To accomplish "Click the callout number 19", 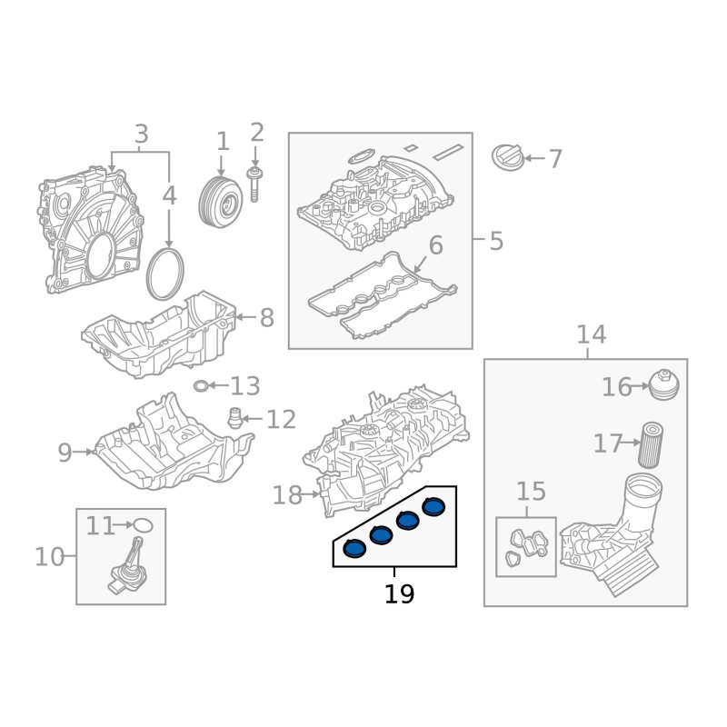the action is click(399, 594).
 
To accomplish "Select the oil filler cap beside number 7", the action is click(508, 156).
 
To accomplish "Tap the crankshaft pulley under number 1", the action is click(221, 202).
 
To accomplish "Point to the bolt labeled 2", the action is click(254, 185).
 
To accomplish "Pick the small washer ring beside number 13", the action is click(201, 385).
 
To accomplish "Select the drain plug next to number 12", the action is click(235, 418).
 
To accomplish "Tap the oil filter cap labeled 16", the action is click(664, 384).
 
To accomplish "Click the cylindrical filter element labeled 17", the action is click(651, 444).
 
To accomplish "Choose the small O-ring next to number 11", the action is click(143, 525).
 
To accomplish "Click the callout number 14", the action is click(592, 334).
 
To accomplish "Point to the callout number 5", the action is click(496, 242).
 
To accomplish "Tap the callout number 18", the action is click(287, 495).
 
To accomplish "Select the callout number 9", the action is click(65, 453).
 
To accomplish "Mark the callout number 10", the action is click(50, 557).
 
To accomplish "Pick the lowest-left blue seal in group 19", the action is click(354, 549).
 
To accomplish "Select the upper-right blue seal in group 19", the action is click(433, 507).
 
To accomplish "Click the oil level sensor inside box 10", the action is click(127, 565).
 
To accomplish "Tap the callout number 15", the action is click(531, 492).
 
